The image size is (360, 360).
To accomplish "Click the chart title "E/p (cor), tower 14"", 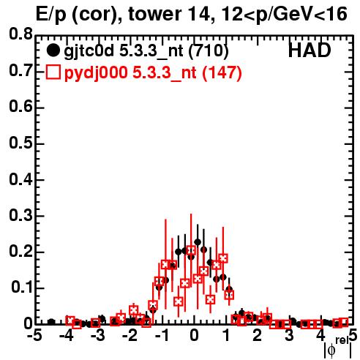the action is tap(123, 15).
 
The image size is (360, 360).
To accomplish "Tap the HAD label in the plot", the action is tap(310, 50).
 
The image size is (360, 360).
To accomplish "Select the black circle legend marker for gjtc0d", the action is tap(53, 50).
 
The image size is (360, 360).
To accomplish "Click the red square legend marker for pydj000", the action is tap(53, 72).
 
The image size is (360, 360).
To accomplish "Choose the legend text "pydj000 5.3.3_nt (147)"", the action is tap(153, 73).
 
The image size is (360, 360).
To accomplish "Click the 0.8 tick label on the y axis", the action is tap(20, 34).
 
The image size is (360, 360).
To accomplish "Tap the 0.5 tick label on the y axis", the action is tap(20, 143).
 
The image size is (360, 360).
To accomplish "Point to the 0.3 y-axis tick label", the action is tap(20, 216).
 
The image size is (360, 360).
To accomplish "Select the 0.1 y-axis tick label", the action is tap(22, 288).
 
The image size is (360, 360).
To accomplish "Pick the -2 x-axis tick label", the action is tap(131, 336).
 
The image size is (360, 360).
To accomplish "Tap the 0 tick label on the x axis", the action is tap(194, 336).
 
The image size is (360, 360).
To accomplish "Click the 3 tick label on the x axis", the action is tap(289, 336).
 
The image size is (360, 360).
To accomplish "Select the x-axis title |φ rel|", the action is tap(338, 348).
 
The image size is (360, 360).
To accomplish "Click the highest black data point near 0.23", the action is tap(198, 242).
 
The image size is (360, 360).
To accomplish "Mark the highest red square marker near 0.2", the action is tap(191, 250).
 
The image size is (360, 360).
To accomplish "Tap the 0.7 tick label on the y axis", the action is tap(20, 71).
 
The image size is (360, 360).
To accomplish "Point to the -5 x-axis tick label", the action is tap(35, 336).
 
